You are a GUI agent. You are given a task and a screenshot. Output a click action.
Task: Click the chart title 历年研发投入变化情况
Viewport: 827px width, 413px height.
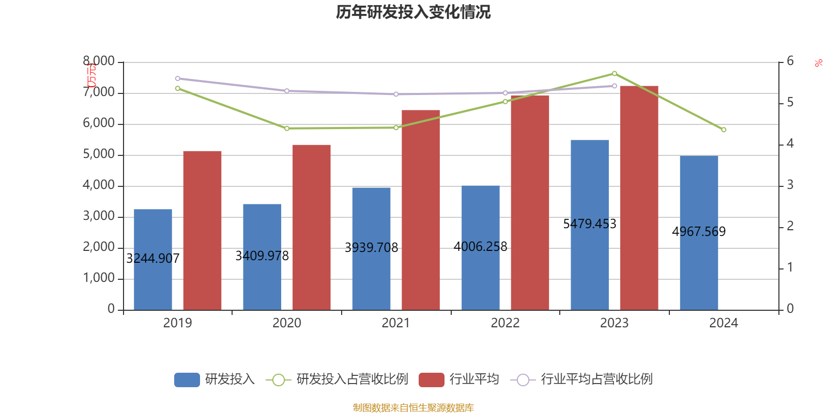[x=413, y=12]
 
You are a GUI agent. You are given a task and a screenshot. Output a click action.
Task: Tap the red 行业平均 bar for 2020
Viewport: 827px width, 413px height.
[x=311, y=227]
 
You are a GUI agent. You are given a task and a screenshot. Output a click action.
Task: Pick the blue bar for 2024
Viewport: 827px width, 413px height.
[x=699, y=232]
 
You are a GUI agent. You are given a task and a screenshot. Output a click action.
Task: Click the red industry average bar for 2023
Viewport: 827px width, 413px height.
[x=639, y=198]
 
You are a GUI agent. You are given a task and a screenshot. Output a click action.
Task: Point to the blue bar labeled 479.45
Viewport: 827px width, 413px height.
[x=590, y=225]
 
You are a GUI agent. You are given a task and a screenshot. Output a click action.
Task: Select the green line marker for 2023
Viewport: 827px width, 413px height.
[x=615, y=73]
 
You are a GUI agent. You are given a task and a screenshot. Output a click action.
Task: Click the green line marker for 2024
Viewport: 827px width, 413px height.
[x=724, y=130]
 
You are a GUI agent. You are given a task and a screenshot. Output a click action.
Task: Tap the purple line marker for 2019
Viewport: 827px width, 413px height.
[x=177, y=78]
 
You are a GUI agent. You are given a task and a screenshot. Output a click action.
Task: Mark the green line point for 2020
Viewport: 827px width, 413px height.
[x=287, y=128]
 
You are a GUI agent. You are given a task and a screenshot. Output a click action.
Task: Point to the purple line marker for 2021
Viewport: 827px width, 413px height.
[x=396, y=94]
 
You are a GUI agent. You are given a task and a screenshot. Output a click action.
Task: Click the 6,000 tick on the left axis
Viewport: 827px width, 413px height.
[x=99, y=123]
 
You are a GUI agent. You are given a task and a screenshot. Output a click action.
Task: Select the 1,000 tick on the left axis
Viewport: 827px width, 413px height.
[x=99, y=278]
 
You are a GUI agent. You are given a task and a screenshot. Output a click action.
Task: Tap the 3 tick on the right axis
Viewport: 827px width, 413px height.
[x=790, y=185]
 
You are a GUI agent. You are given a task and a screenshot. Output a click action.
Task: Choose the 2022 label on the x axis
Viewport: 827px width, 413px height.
[x=505, y=323]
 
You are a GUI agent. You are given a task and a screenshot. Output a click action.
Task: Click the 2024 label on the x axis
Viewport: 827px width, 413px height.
[x=724, y=323]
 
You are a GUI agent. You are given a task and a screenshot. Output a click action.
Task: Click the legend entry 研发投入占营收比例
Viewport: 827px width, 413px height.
[x=351, y=379]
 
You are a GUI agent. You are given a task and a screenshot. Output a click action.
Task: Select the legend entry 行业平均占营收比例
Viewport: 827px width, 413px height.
[x=596, y=379]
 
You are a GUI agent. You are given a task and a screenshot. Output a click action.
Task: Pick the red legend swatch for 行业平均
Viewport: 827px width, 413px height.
[x=431, y=380]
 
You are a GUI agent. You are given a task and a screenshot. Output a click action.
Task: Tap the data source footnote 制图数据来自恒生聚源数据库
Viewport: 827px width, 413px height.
[x=413, y=408]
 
